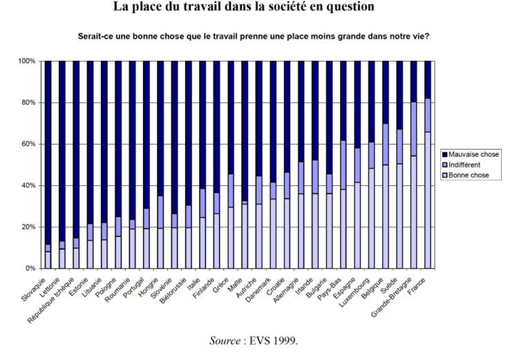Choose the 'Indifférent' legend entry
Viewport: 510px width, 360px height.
(465, 164)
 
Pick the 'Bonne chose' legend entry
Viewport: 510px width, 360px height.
(468, 175)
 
